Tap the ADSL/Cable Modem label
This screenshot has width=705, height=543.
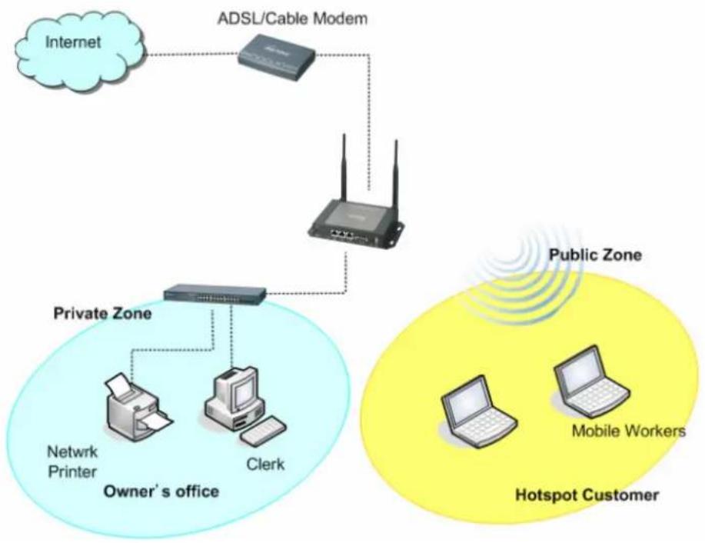tap(292, 19)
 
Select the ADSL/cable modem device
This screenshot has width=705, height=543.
tap(276, 58)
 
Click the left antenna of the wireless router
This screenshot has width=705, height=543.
tap(344, 168)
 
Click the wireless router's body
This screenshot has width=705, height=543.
tap(355, 225)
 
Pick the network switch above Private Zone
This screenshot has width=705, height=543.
tap(215, 295)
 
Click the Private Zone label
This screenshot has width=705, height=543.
tap(102, 313)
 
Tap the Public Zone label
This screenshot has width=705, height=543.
tap(595, 255)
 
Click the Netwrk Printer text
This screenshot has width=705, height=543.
tap(72, 461)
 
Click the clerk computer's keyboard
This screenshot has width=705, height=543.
tap(263, 431)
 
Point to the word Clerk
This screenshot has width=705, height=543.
tap(265, 464)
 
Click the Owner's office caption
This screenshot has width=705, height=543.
tap(161, 491)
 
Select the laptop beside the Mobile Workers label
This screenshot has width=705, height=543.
tap(590, 382)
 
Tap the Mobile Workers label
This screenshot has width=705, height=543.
tap(629, 431)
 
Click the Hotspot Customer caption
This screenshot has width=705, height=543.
tap(587, 495)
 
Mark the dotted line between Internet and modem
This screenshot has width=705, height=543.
tap(192, 55)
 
